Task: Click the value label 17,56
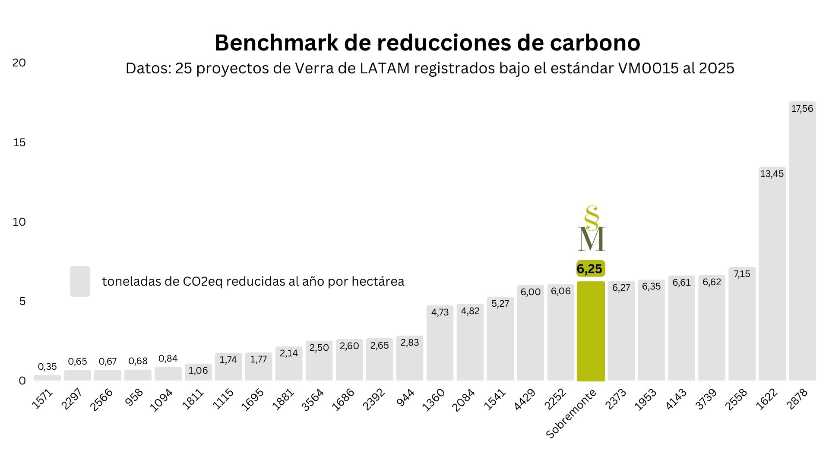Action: coord(802,109)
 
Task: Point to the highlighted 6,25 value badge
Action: coord(590,269)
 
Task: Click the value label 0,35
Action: coord(47,367)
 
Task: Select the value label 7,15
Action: coord(742,274)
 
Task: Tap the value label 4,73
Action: coord(440,312)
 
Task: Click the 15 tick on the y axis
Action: coord(19,142)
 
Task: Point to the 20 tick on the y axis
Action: coord(19,63)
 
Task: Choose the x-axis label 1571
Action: coord(42,399)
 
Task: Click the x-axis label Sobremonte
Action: coord(571,414)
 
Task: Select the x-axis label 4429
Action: coord(525,399)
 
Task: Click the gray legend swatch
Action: coord(80,281)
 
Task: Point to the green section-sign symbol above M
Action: coord(591,218)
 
